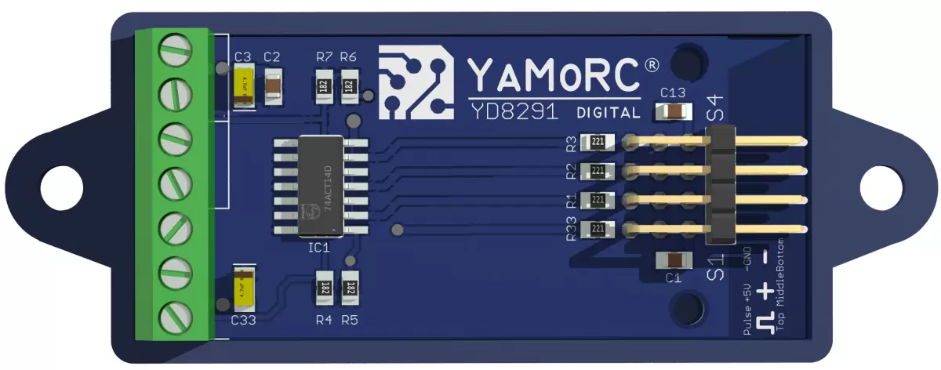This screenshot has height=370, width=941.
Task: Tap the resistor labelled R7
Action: pos(323,85)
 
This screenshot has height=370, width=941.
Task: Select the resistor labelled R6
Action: pos(350,85)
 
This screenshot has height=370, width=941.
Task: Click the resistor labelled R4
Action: pos(323,288)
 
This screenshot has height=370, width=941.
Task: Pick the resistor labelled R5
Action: pos(351,288)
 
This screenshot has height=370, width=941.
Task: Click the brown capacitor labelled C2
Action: pos(273,88)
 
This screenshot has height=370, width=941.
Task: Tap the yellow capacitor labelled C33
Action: pos(244,288)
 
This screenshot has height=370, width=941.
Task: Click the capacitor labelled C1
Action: pos(673,259)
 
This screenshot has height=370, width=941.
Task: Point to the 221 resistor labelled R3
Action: pos(598,143)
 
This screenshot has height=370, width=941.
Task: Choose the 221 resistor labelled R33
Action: pos(598,230)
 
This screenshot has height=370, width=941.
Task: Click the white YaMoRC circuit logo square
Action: pos(416,82)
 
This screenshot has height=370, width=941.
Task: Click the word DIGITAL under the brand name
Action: pos(608,112)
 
